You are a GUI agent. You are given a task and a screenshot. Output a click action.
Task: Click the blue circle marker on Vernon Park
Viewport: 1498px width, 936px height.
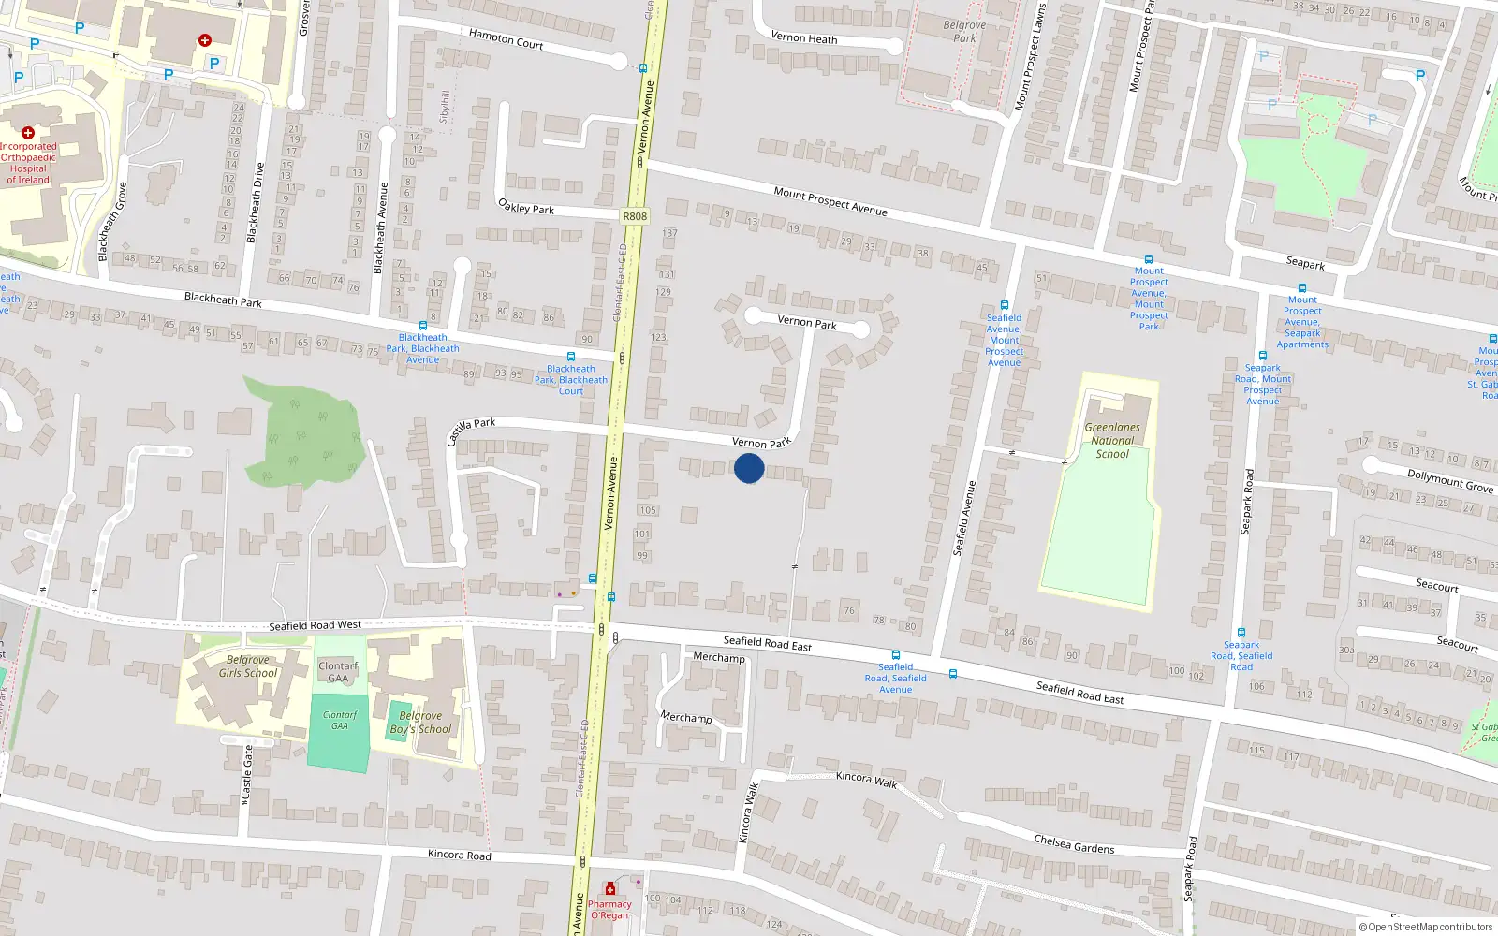tap(749, 468)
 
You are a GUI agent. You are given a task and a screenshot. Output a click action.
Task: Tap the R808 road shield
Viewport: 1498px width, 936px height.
tap(634, 216)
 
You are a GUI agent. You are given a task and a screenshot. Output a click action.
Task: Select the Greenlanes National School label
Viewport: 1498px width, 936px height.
tap(1112, 440)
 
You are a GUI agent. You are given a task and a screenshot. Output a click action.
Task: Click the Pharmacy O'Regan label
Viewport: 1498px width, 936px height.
tap(609, 909)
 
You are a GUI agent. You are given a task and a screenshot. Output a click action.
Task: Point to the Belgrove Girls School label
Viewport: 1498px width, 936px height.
tap(247, 665)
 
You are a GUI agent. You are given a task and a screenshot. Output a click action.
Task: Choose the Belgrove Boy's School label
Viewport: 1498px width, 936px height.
tap(420, 723)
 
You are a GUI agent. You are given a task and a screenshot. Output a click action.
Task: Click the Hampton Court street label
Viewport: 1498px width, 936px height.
tap(506, 38)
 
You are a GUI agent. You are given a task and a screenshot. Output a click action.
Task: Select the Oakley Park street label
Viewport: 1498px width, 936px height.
tap(526, 207)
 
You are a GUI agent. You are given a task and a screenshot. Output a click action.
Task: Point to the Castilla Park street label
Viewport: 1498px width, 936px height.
tap(470, 431)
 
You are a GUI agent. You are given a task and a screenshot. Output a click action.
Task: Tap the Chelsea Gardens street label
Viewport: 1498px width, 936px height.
tap(1074, 843)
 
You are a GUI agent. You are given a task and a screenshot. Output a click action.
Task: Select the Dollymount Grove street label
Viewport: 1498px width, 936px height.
tap(1449, 480)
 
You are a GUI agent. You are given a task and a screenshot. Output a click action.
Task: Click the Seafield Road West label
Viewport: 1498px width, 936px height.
tap(315, 624)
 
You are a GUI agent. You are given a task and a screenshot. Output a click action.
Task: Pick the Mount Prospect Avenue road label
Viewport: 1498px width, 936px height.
tap(830, 201)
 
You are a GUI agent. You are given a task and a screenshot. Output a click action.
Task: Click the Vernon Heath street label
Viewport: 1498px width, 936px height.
tap(803, 38)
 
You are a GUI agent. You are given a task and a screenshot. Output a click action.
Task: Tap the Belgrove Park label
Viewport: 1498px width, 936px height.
tap(964, 32)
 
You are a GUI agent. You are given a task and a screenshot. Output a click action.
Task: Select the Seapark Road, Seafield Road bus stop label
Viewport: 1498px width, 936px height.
tap(1241, 655)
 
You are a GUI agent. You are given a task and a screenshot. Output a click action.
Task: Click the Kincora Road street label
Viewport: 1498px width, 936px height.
tap(459, 855)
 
